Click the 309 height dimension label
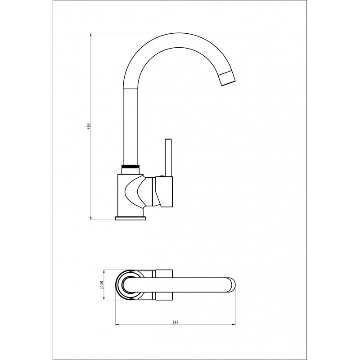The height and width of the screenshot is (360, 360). tap(89, 126)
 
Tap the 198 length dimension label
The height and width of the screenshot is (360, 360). tap(175, 322)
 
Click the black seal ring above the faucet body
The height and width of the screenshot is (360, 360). tap(130, 166)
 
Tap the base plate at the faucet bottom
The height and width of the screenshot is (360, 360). tap(130, 218)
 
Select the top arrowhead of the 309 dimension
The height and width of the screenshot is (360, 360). tap(91, 36)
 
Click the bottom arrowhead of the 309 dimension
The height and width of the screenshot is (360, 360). tap(91, 218)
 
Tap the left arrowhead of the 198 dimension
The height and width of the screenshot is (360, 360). tap(117, 324)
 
